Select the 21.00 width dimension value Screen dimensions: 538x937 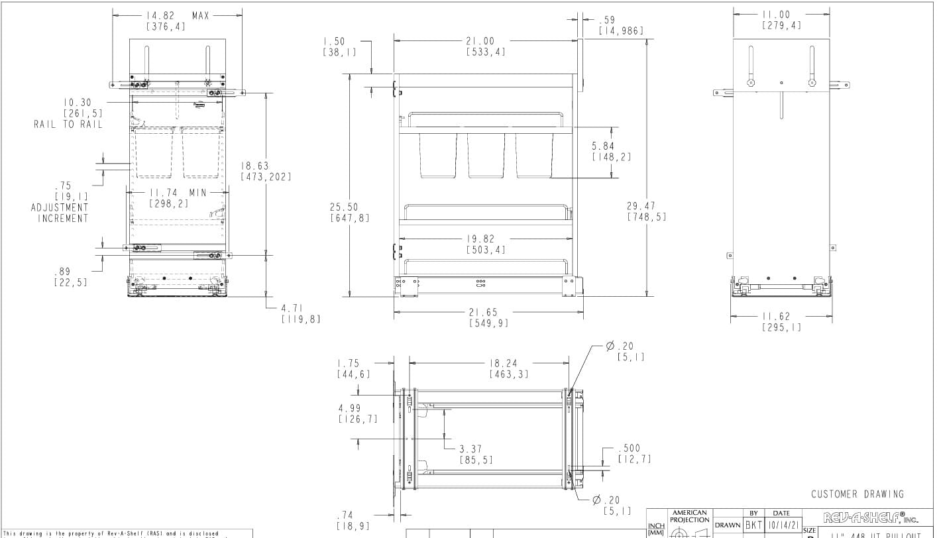pyautogui.click(x=484, y=40)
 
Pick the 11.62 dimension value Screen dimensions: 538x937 pyautogui.click(x=781, y=317)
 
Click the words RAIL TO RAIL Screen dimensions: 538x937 pyautogui.click(x=68, y=125)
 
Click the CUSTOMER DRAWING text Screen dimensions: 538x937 pyautogui.click(x=857, y=494)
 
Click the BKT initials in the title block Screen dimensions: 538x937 pyautogui.click(x=753, y=525)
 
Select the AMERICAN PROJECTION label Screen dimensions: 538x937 pyautogui.click(x=690, y=516)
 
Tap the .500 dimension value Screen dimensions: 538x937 pyautogui.click(x=629, y=449)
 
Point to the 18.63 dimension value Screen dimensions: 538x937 pyautogui.click(x=256, y=166)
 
